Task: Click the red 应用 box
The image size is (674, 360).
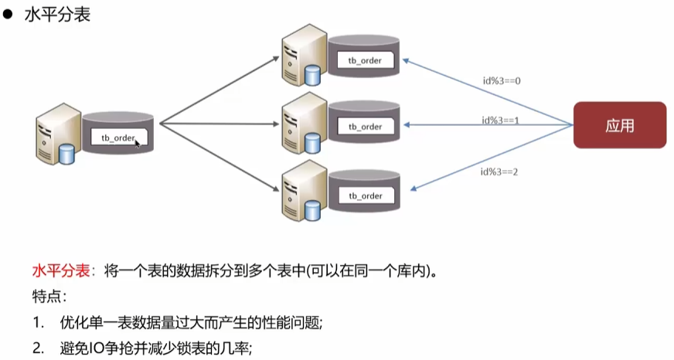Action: [619, 125]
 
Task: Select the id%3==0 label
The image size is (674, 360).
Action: [503, 80]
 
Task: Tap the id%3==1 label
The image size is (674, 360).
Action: [502, 120]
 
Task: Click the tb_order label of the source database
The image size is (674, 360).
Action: [117, 138]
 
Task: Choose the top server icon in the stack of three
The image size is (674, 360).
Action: [302, 58]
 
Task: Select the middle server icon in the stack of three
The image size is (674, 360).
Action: [302, 124]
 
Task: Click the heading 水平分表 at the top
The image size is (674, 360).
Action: [58, 15]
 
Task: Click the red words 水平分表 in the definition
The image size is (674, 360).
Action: [59, 271]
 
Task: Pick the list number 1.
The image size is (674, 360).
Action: [37, 323]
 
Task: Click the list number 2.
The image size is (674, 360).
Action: [37, 348]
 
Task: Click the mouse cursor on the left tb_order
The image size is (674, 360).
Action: [138, 143]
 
